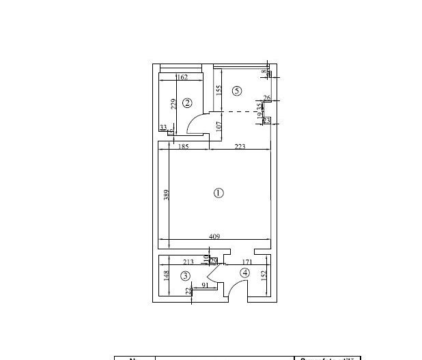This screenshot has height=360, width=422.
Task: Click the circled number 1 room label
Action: (x=219, y=193)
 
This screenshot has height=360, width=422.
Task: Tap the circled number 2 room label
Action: (x=187, y=103)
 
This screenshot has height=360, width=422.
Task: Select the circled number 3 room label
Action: (x=185, y=276)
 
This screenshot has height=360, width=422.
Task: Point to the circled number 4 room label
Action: (x=244, y=273)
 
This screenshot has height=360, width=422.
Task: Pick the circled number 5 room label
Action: (x=237, y=90)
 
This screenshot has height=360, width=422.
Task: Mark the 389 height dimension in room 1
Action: (x=167, y=195)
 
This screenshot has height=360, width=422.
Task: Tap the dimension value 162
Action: (x=182, y=78)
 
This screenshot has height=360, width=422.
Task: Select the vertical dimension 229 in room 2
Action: (x=174, y=104)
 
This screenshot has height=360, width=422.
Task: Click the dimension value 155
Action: (x=219, y=89)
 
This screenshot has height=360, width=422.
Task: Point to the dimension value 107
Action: (x=219, y=126)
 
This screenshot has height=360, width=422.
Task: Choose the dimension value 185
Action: (x=183, y=147)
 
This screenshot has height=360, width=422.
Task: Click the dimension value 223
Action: (x=240, y=147)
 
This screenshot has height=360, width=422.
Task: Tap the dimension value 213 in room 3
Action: (x=188, y=262)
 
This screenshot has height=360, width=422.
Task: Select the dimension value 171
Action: (x=248, y=262)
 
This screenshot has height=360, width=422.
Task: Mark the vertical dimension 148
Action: (x=166, y=276)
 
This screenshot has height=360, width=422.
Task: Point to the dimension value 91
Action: (x=203, y=286)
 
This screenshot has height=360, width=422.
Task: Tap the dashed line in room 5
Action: (x=242, y=111)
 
